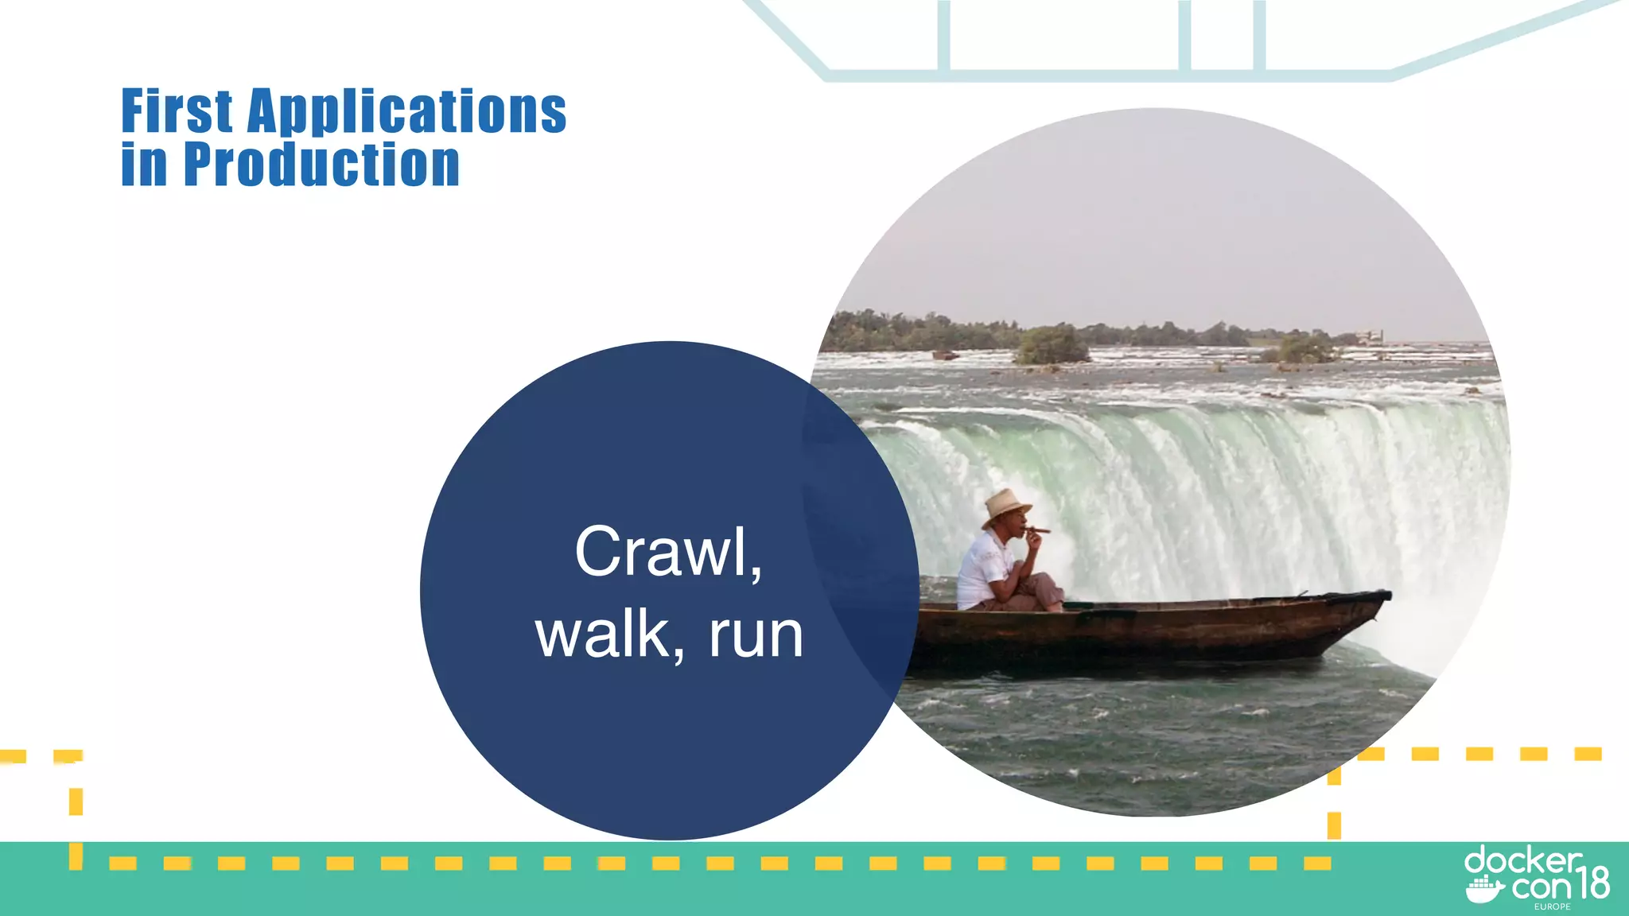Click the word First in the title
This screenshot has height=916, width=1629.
[177, 111]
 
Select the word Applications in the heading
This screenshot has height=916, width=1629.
[406, 111]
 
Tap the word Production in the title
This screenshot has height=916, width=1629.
[321, 165]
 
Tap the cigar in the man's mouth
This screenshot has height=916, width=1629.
[1037, 530]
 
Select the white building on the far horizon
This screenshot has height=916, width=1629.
[1369, 336]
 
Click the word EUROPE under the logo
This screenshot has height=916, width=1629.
[1552, 906]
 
